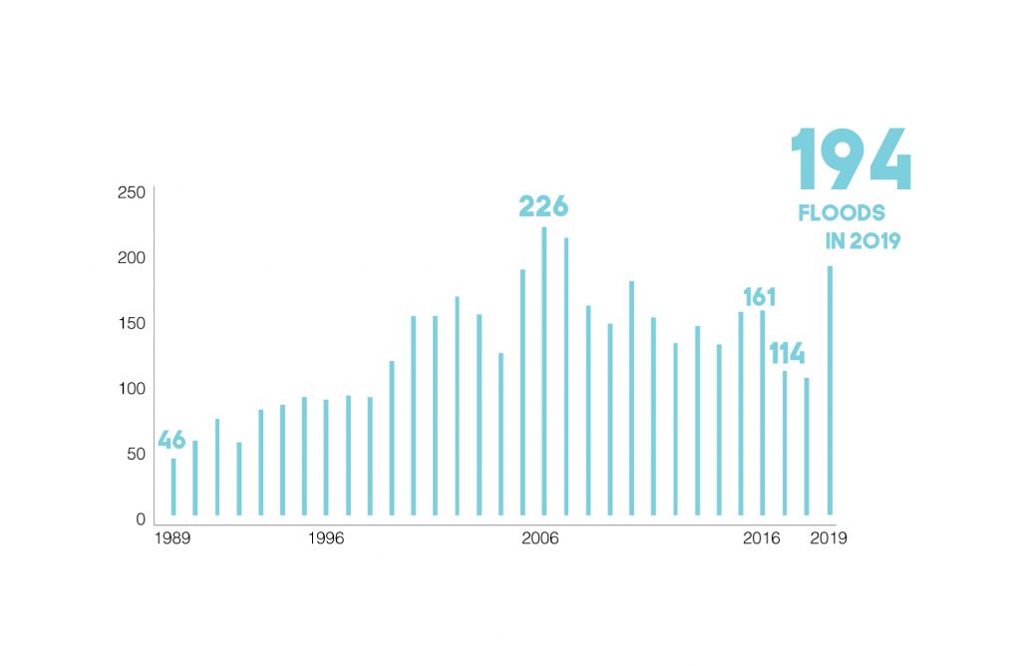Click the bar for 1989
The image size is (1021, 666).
(x=173, y=487)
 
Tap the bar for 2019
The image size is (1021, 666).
(x=829, y=390)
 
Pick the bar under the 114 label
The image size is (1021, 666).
(x=785, y=443)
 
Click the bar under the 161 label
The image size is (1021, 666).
(x=763, y=413)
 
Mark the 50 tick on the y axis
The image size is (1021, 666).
(x=136, y=454)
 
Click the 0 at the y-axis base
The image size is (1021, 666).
(x=141, y=518)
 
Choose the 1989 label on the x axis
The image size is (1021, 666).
(x=173, y=538)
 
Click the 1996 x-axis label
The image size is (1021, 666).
(x=326, y=538)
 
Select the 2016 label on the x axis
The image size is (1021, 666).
(x=762, y=538)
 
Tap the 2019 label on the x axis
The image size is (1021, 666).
(x=829, y=538)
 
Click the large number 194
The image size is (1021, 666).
(x=851, y=160)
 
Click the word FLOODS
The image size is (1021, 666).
(x=842, y=213)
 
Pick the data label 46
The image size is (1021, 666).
(x=171, y=440)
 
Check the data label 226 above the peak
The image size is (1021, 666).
(x=543, y=206)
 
